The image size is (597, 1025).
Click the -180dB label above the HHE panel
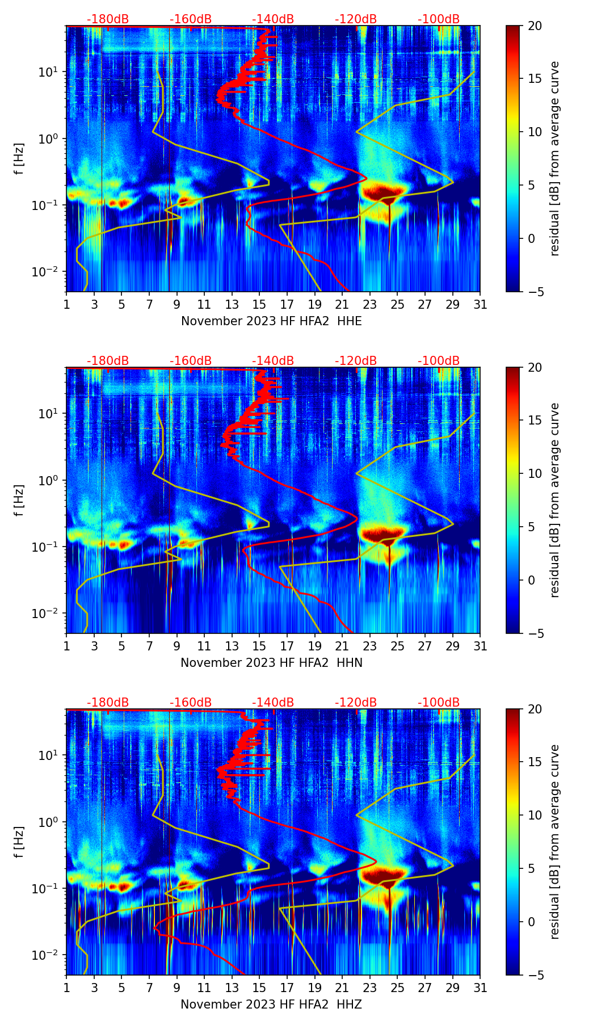[x=108, y=20]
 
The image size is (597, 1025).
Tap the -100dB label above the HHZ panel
[x=439, y=703]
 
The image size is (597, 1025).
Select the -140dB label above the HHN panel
[x=273, y=361]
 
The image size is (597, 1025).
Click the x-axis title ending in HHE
[x=271, y=321]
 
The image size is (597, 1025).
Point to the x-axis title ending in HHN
[x=271, y=663]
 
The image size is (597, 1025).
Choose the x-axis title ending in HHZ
[x=271, y=1005]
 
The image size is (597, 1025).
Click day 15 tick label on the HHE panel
[x=259, y=305]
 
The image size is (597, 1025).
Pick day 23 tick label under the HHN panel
[x=370, y=646]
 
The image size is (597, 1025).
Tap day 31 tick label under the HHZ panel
[x=480, y=988]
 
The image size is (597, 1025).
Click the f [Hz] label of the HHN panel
[x=19, y=500]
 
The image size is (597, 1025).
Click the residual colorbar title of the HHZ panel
[x=554, y=842]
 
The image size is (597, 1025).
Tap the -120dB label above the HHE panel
[x=356, y=20]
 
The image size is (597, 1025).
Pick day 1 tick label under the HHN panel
[x=66, y=646]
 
